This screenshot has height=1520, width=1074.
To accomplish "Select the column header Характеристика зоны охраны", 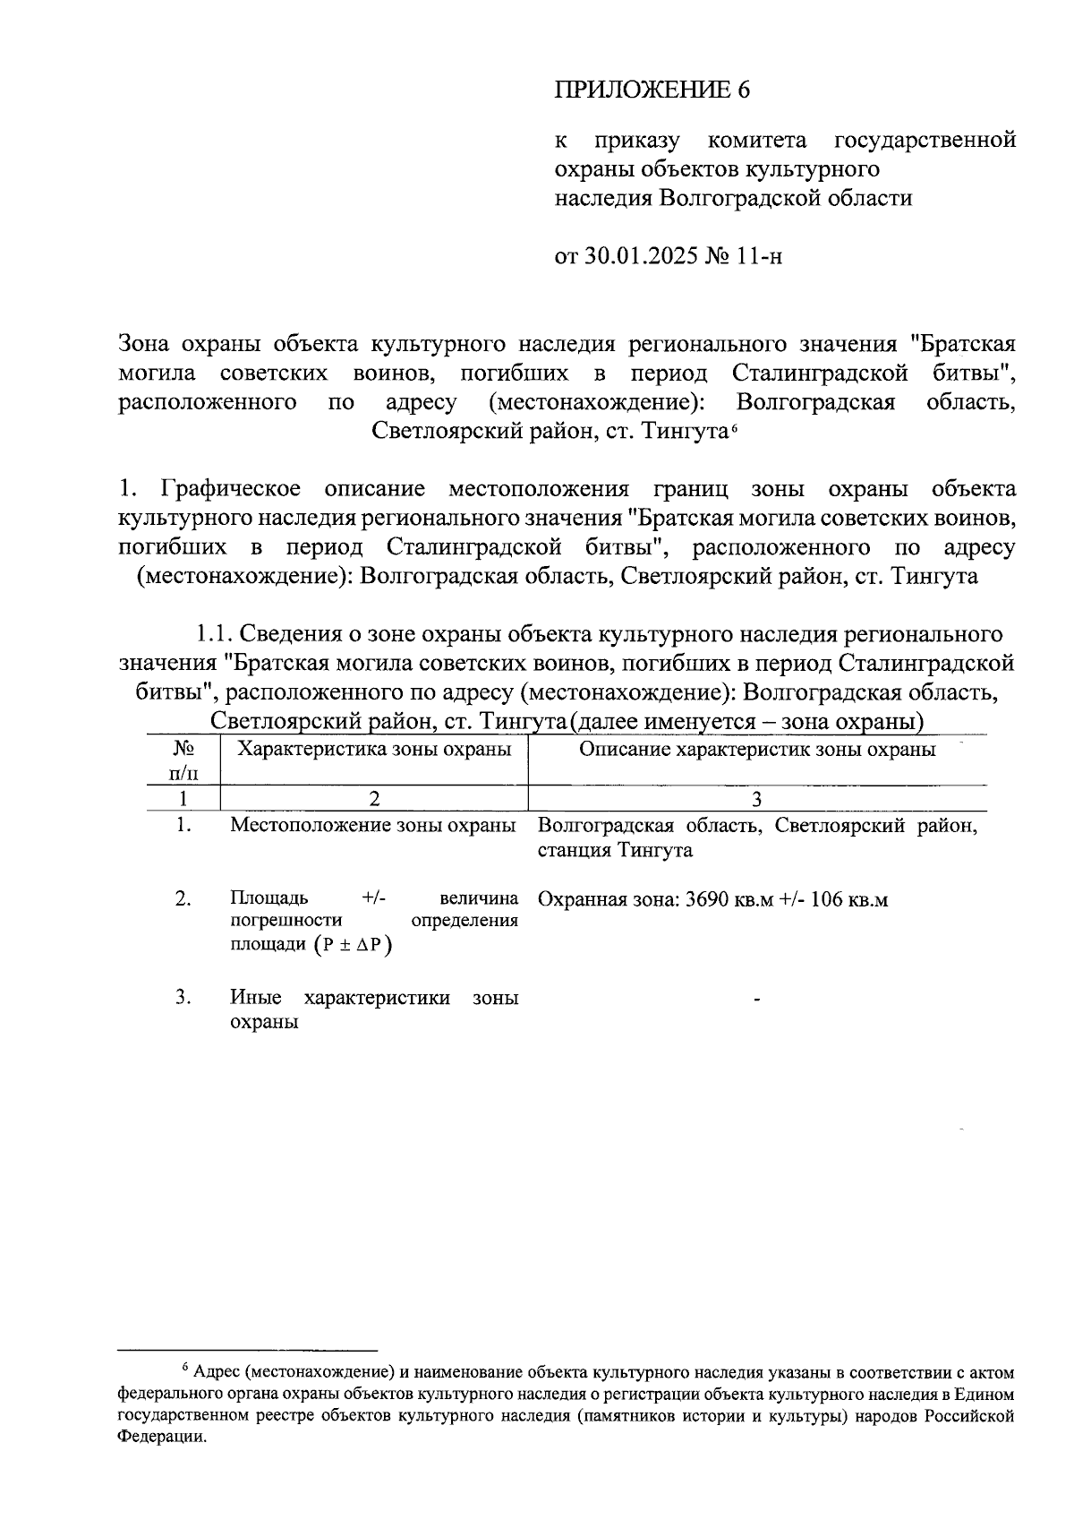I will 374,750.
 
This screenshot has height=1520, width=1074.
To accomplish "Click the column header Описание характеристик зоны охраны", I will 757,750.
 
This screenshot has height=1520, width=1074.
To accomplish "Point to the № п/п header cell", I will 183,760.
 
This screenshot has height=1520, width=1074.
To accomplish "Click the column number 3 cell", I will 757,799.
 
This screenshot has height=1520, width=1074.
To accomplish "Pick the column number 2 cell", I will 374,799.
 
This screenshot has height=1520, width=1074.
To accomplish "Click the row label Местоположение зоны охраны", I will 372,825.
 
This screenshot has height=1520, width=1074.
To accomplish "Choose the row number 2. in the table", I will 183,898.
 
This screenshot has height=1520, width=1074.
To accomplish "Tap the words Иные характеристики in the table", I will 340,998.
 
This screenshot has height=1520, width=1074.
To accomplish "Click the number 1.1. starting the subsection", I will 215,634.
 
